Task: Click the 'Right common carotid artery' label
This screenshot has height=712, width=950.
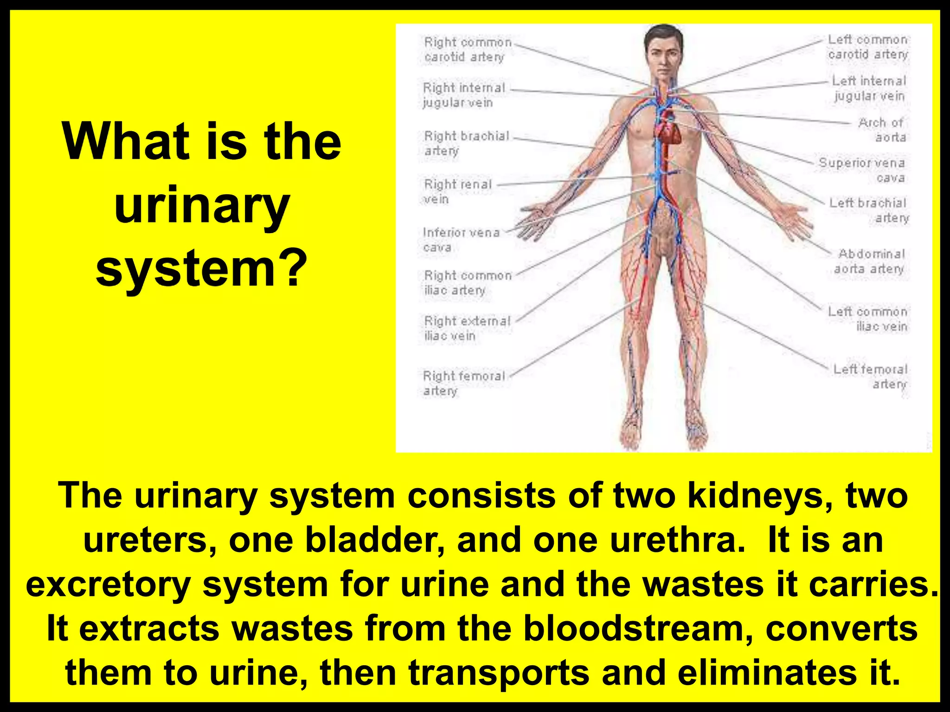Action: coord(467,49)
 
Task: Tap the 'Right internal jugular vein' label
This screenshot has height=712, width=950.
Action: coord(463,95)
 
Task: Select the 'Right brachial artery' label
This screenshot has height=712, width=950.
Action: coord(466,143)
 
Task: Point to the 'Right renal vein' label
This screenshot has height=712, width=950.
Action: coord(457,191)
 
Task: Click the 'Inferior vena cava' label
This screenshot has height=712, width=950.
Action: coord(461,239)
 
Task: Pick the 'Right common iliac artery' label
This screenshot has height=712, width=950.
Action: coord(467,282)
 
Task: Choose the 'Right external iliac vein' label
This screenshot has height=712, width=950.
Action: coord(467,328)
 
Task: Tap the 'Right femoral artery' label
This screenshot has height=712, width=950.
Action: coord(463,383)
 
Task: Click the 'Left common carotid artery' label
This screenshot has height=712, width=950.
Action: coord(867,47)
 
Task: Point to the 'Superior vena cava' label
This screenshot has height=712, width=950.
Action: coord(862,170)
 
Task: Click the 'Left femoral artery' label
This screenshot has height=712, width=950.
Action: coord(870,376)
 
